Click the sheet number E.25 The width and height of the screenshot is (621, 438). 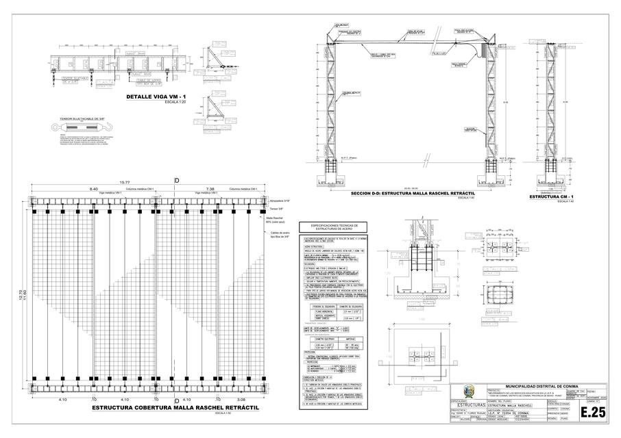click(594, 412)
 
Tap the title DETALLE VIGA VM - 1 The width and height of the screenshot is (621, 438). click(157, 97)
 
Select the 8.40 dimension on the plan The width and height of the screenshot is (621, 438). click(93, 188)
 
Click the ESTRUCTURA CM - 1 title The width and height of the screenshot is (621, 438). click(552, 197)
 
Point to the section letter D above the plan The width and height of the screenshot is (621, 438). click(176, 180)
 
